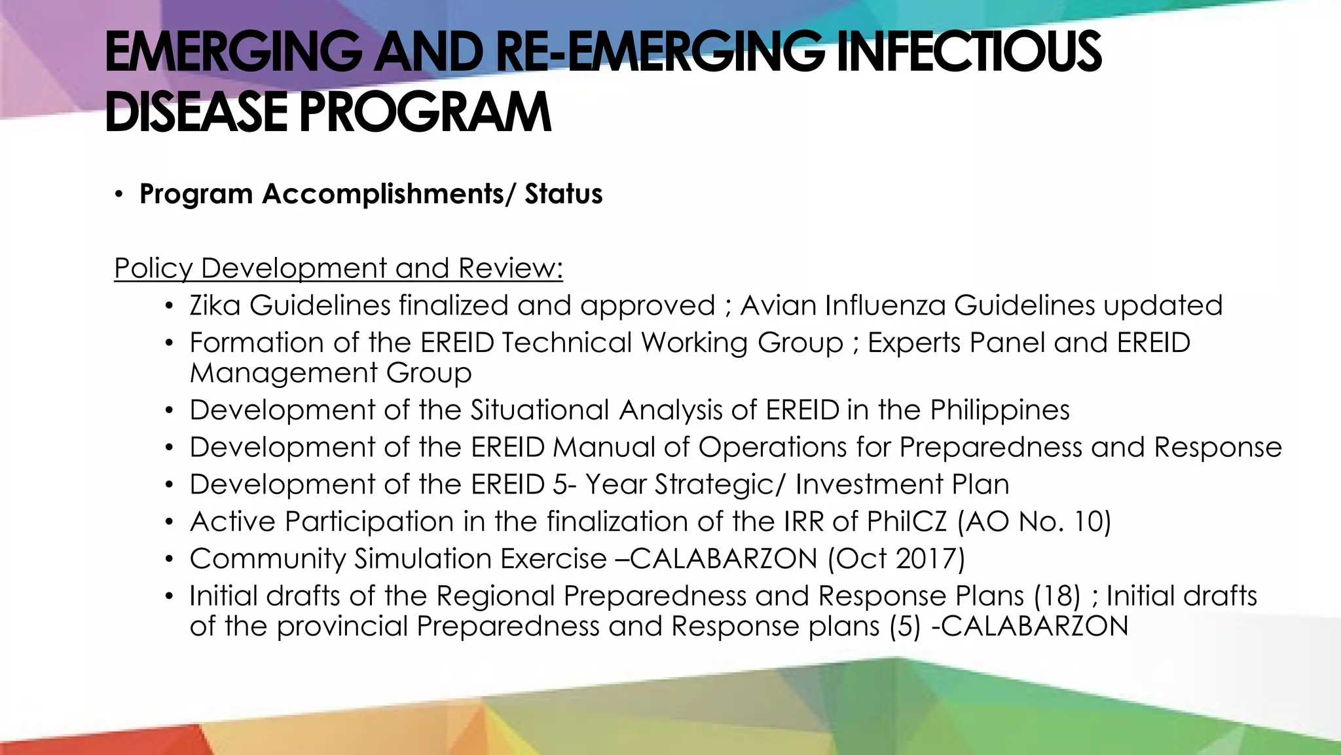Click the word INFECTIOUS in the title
pyautogui.click(x=969, y=52)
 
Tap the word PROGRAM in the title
pyautogui.click(x=426, y=113)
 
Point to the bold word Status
pyautogui.click(x=563, y=195)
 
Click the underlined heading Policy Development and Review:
pyautogui.click(x=339, y=269)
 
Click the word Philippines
pyautogui.click(x=1000, y=411)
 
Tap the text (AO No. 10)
pyautogui.click(x=1035, y=522)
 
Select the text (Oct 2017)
pyautogui.click(x=896, y=559)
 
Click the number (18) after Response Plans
pyautogui.click(x=1057, y=596)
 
